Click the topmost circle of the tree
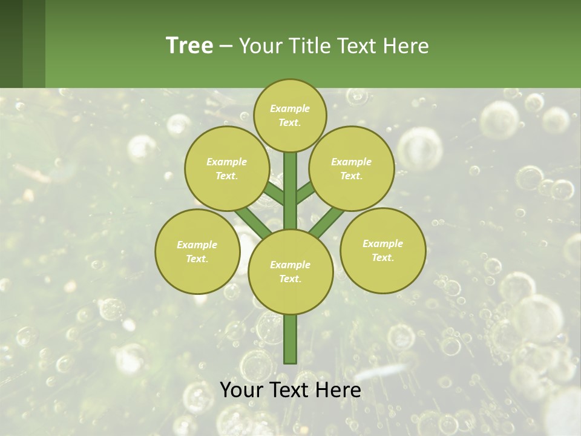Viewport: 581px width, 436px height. click(290, 115)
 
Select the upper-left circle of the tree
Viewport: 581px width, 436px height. click(226, 168)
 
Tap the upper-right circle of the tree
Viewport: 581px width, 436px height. click(352, 168)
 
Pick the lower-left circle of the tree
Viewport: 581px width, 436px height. click(197, 251)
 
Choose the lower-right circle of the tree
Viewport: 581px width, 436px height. click(382, 250)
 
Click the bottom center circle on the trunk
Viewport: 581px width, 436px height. click(290, 271)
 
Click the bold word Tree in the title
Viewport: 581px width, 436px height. click(189, 45)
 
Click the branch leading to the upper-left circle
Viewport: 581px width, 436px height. click(274, 194)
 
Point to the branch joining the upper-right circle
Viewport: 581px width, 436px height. click(306, 192)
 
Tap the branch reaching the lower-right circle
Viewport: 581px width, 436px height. click(329, 220)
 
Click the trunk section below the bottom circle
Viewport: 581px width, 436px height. click(290, 339)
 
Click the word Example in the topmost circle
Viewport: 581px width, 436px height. click(290, 108)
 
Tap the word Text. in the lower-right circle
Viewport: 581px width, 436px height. click(382, 257)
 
